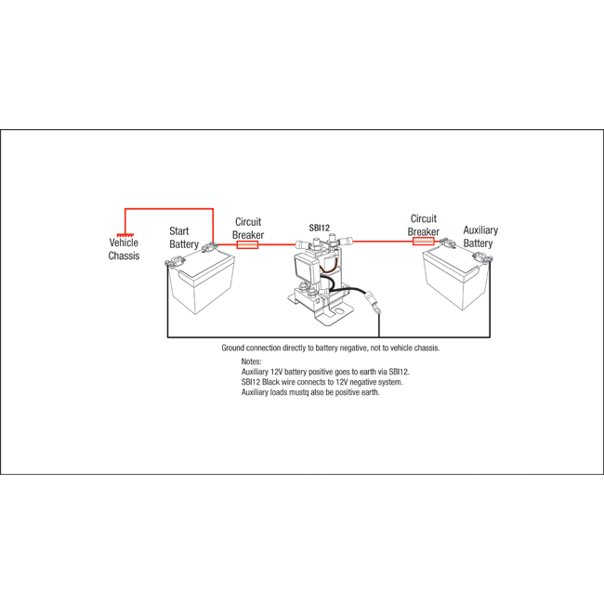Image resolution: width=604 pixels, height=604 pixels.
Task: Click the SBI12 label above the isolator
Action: (320, 228)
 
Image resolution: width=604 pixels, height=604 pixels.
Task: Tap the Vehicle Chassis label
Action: (124, 249)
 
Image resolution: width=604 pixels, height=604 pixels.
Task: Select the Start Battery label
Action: (184, 238)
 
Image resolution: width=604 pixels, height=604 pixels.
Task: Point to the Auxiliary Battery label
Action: (480, 237)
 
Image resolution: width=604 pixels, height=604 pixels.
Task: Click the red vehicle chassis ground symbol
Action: (125, 235)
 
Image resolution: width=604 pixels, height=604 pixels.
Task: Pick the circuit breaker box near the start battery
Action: (247, 244)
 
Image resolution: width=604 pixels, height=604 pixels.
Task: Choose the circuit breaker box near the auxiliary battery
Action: (424, 242)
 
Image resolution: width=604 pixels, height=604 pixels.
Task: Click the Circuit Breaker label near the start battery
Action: (248, 229)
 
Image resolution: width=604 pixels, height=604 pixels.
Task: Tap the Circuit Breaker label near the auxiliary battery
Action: (424, 226)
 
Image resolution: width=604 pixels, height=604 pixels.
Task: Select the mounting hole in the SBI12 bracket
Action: (338, 310)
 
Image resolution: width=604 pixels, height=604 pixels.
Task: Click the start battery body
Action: (203, 283)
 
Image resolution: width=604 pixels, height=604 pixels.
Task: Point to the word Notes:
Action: (251, 361)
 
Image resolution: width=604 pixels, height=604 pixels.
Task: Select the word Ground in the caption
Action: (232, 348)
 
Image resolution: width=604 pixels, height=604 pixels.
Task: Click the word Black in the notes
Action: (270, 382)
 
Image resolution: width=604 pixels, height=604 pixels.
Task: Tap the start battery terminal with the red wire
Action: (210, 246)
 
